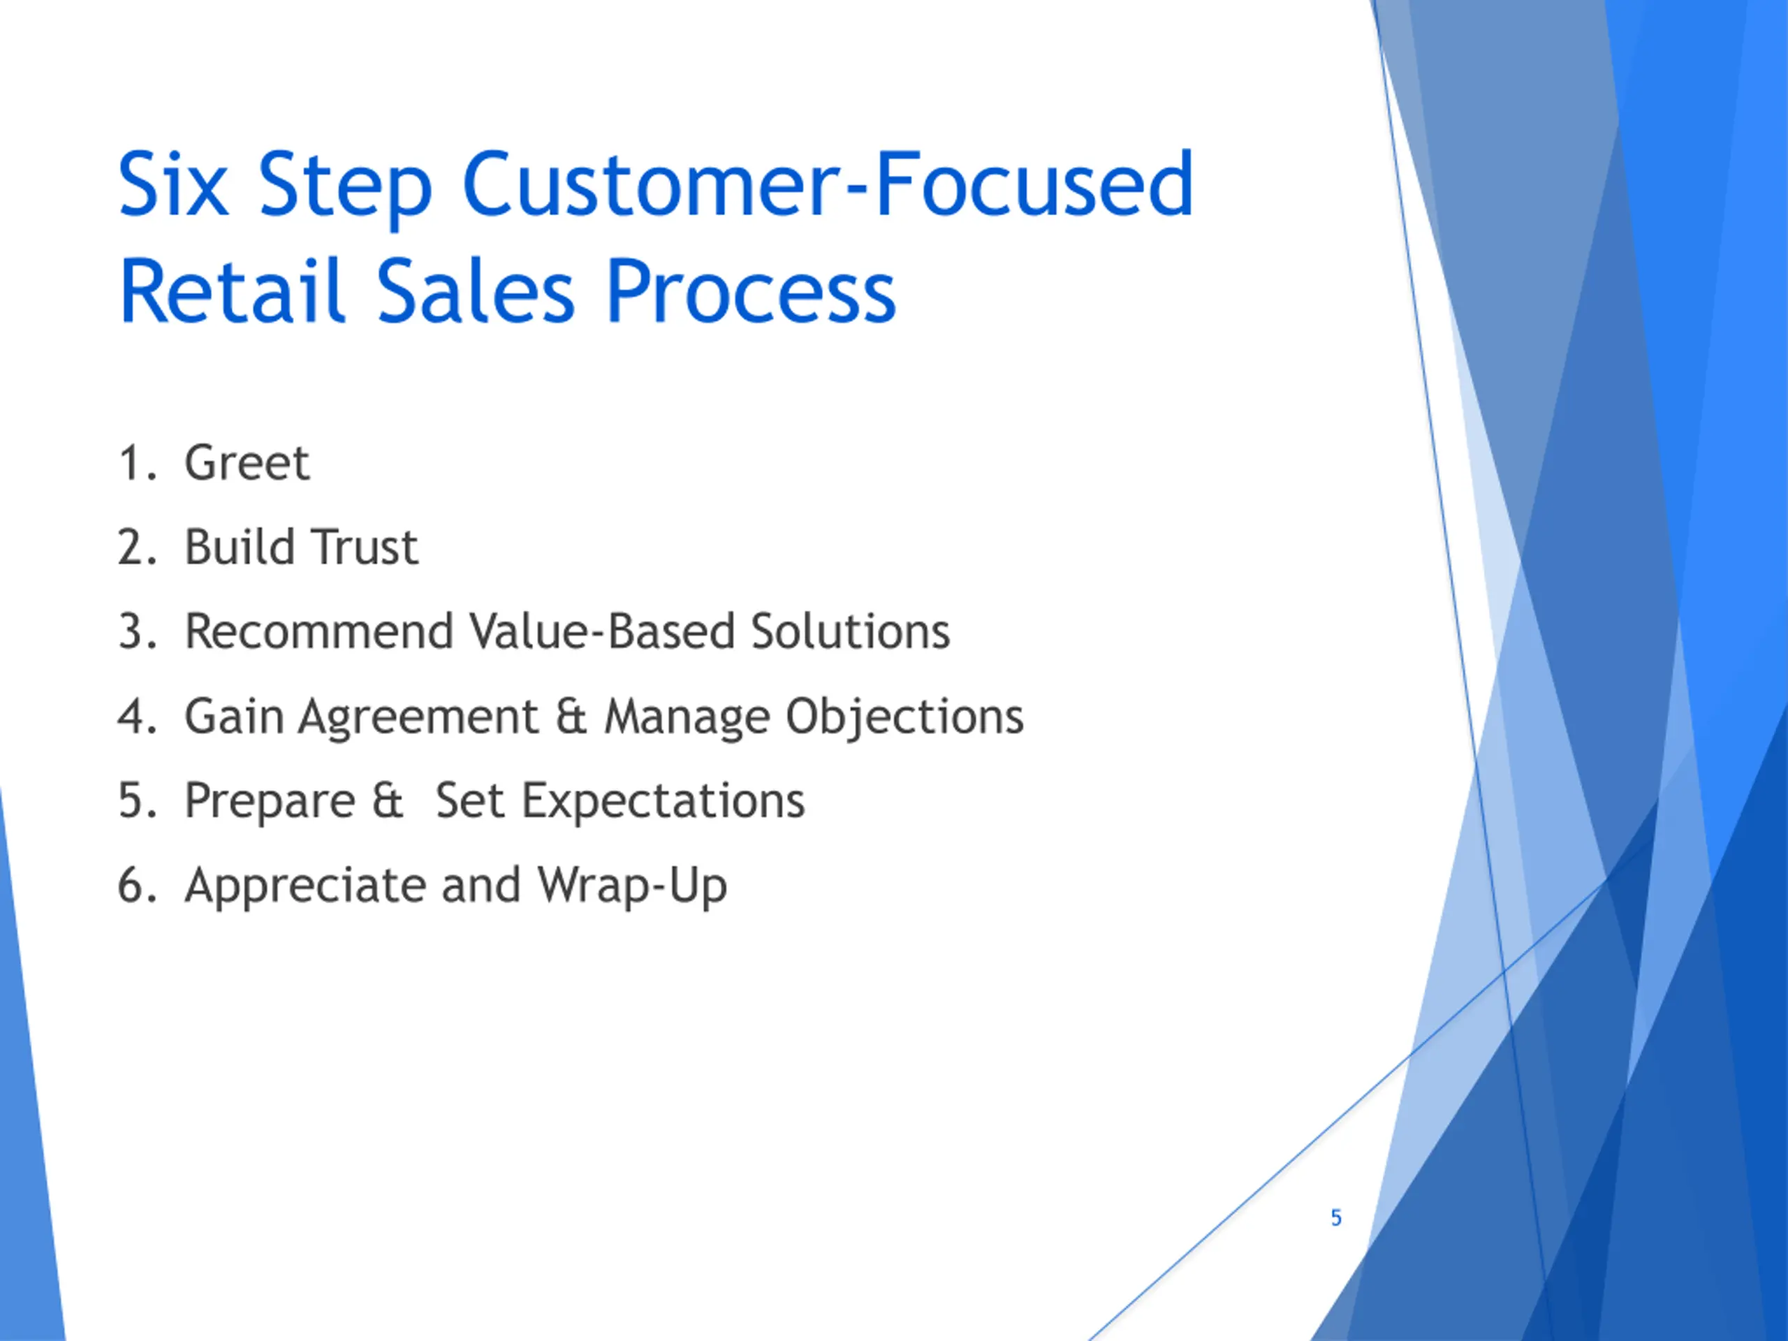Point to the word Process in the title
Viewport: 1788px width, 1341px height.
pos(751,291)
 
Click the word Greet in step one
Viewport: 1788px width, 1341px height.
pos(247,462)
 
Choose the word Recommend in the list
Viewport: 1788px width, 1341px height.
pos(318,631)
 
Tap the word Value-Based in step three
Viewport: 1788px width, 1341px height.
pos(601,631)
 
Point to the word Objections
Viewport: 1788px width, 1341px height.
pos(905,718)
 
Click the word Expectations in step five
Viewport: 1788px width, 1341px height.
pos(663,802)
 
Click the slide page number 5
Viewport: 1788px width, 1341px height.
pos(1336,1217)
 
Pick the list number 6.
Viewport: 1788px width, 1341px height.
pos(135,885)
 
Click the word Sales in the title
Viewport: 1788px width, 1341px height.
pos(476,291)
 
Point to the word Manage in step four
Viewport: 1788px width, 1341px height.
pos(687,718)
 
